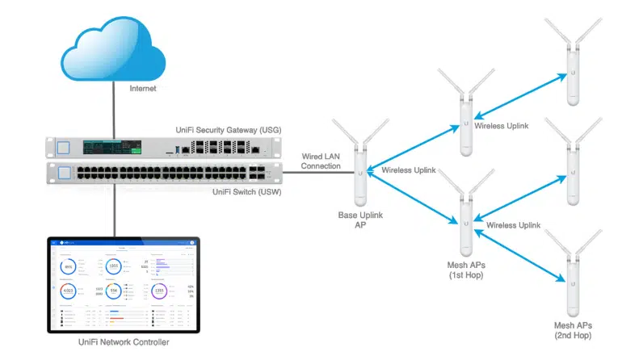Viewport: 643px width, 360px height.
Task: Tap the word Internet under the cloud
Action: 143,88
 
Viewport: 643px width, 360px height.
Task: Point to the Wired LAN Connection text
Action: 321,160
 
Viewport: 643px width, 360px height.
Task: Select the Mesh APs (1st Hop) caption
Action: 466,270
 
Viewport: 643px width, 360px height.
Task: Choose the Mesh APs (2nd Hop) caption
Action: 573,328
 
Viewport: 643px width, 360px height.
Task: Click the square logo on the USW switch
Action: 62,170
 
